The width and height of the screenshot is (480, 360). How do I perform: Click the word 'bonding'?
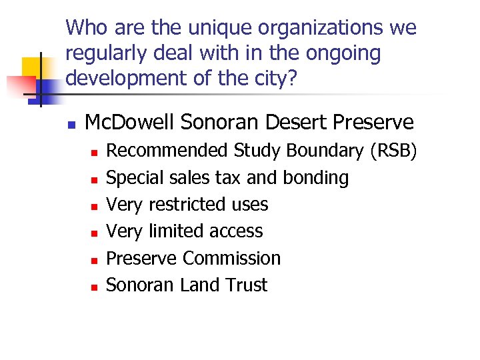click(x=316, y=178)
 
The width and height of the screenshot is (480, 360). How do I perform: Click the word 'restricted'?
click(x=189, y=205)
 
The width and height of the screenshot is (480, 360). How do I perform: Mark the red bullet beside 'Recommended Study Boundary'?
click(x=95, y=153)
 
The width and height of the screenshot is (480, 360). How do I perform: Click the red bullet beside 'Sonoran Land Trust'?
click(x=95, y=286)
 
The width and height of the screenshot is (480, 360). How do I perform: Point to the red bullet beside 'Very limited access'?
click(x=95, y=233)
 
